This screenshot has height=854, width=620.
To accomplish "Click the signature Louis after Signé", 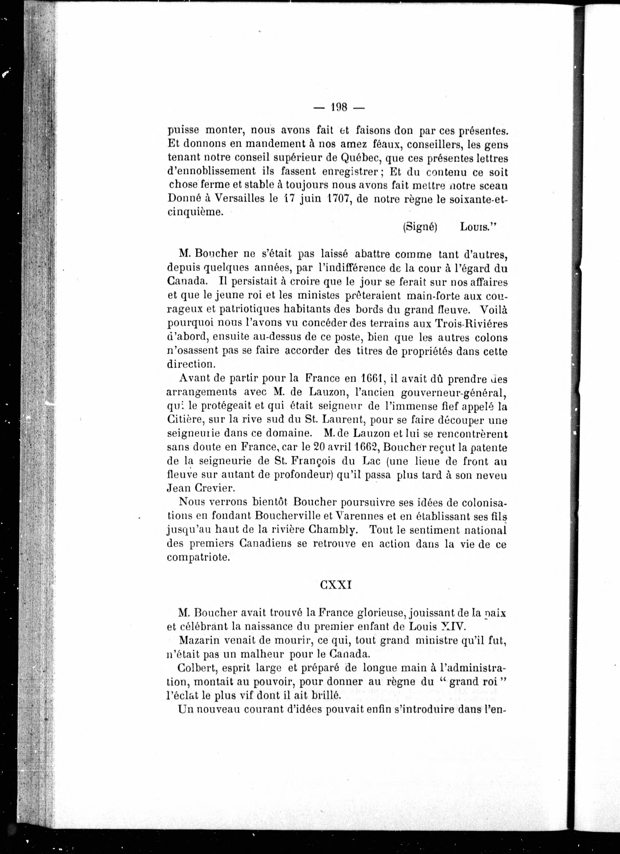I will tap(477, 227).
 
